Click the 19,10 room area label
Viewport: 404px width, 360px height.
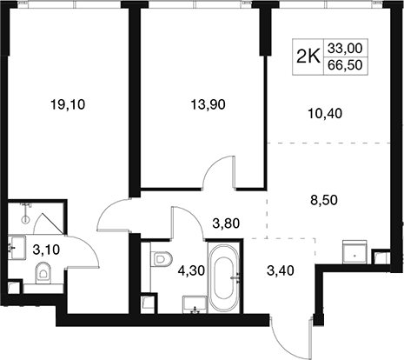coord(68,104)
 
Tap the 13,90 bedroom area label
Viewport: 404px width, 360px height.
coord(208,104)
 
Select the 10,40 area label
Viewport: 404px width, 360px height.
coord(325,113)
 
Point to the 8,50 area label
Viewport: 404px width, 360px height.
coord(324,200)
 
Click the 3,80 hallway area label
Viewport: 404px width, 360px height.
coord(226,223)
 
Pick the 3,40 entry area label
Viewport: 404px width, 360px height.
coord(281,270)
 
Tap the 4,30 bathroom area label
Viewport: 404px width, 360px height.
coord(191,270)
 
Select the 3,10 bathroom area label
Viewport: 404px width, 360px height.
coord(46,250)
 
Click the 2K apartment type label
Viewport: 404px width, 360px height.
coord(308,57)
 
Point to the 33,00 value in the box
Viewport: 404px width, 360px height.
coord(345,48)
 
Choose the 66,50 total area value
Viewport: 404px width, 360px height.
coord(345,65)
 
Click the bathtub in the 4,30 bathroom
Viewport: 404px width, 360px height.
coord(224,278)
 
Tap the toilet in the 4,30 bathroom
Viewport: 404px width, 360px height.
coord(161,258)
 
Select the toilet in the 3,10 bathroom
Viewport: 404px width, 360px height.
coord(43,273)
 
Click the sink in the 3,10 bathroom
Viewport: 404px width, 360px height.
coord(17,248)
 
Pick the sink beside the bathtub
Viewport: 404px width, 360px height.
coord(195,304)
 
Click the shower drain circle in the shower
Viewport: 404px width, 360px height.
coord(26,219)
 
